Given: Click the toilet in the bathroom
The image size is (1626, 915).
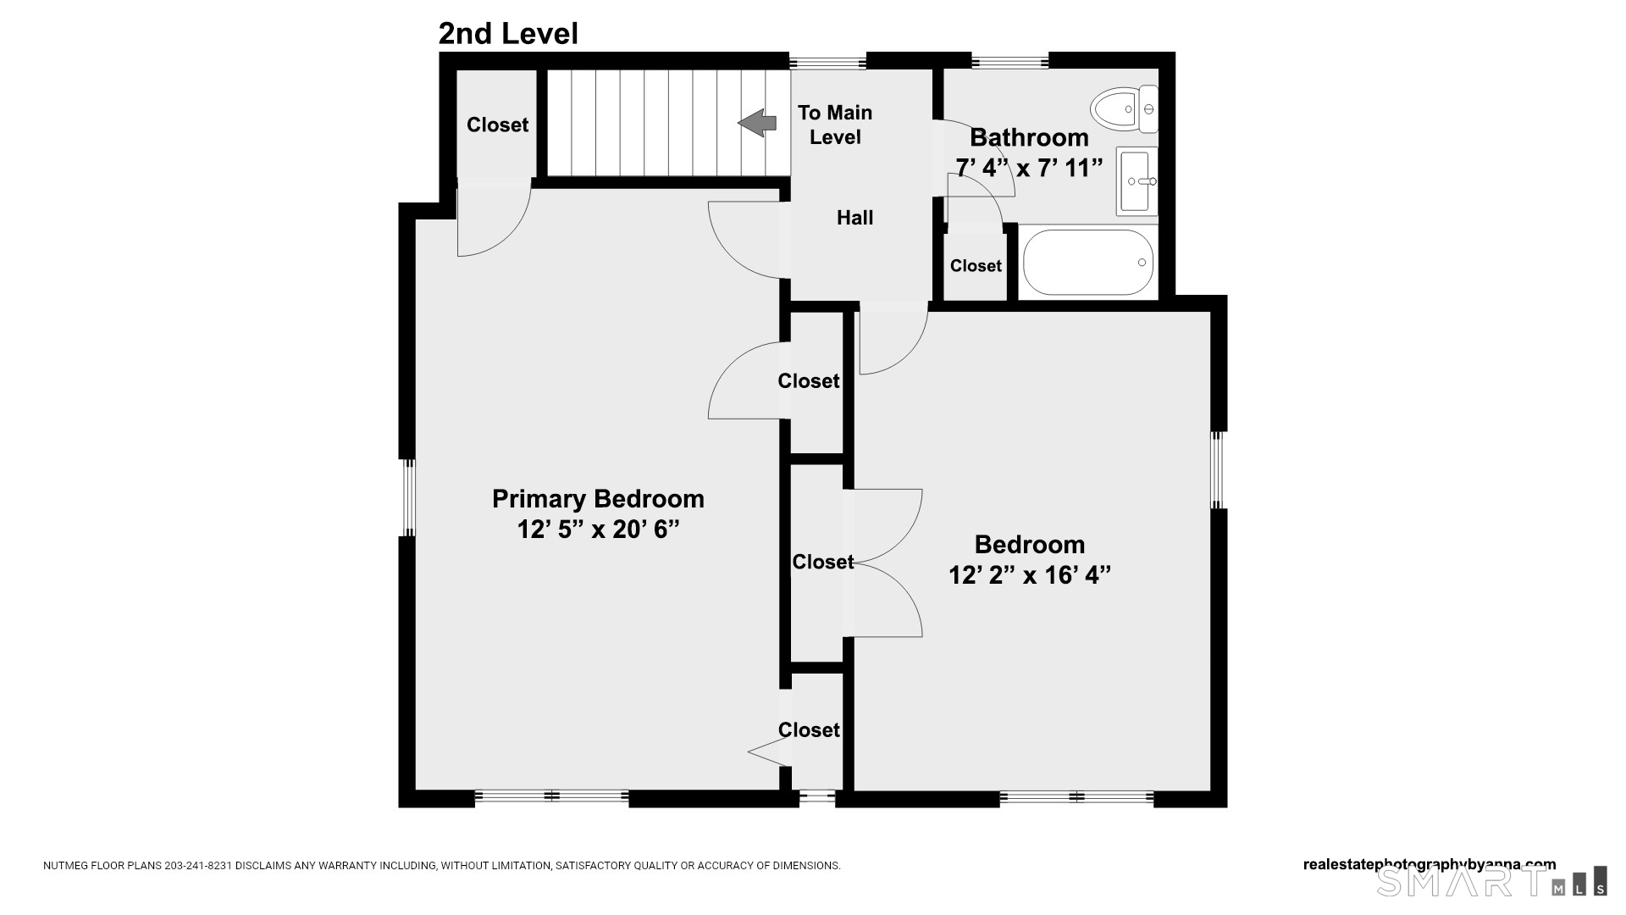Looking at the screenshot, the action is pos(1125,109).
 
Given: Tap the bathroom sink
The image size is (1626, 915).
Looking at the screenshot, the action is pos(1137,180).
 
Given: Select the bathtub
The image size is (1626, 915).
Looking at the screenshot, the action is pos(1088,262).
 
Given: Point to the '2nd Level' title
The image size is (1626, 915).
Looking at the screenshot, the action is pos(508,34).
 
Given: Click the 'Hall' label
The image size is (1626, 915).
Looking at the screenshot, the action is pos(854,218).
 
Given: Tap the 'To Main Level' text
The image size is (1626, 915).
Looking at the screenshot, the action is pos(835,125).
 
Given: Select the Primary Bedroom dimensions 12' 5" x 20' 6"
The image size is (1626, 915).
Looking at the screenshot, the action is pos(598,530).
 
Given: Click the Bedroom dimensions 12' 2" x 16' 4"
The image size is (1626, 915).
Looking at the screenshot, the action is pos(1029,575).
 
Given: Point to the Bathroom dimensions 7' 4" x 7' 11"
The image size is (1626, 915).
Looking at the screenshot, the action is pos(1029,169).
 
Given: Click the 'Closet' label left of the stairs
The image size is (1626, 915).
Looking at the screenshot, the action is pos(497,125).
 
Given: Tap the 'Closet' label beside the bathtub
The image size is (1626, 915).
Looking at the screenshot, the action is pos(976,266).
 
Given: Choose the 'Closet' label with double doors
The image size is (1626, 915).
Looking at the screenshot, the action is pos(822,562).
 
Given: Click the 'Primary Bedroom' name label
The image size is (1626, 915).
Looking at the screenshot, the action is pos(598,499).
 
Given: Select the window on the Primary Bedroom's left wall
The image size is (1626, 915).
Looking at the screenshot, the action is pos(407,498).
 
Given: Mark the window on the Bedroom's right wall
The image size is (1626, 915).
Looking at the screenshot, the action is pos(1219,470).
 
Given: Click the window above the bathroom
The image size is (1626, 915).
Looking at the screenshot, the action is pos(1009,61).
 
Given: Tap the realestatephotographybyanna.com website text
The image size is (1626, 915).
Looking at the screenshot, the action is pos(1429,865).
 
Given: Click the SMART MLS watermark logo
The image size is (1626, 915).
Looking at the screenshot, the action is pos(1491,881).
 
